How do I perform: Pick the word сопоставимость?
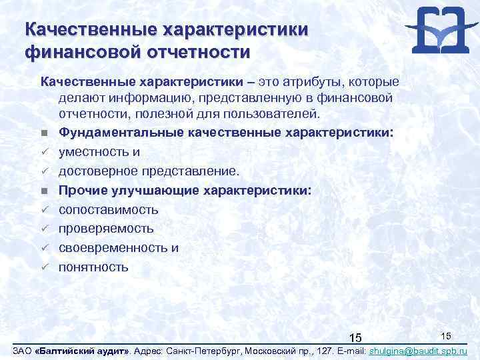tap(109, 210)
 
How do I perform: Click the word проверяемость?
tap(106, 229)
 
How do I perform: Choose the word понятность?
tap(93, 267)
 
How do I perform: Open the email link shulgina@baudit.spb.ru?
tap(417, 351)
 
